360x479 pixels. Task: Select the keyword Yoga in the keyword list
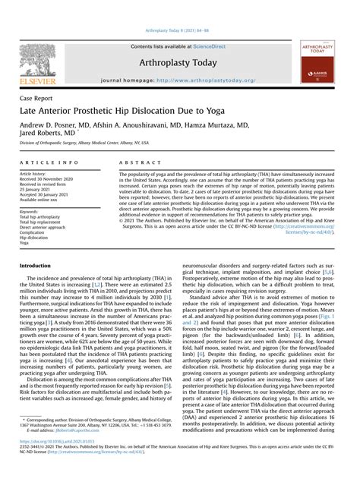click(25, 243)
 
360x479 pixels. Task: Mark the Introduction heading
click(35, 266)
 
